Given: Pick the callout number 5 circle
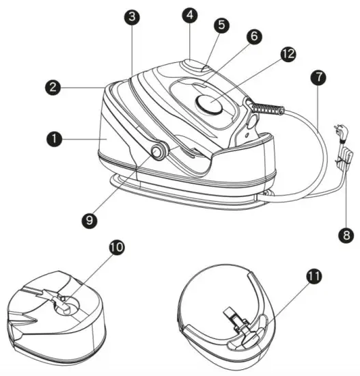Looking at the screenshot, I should (x=220, y=25).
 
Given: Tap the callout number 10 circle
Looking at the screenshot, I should (x=116, y=249).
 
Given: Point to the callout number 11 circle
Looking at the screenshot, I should (x=314, y=278).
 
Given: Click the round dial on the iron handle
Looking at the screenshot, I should (x=208, y=105).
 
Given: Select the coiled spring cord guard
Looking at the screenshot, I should (x=268, y=109).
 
